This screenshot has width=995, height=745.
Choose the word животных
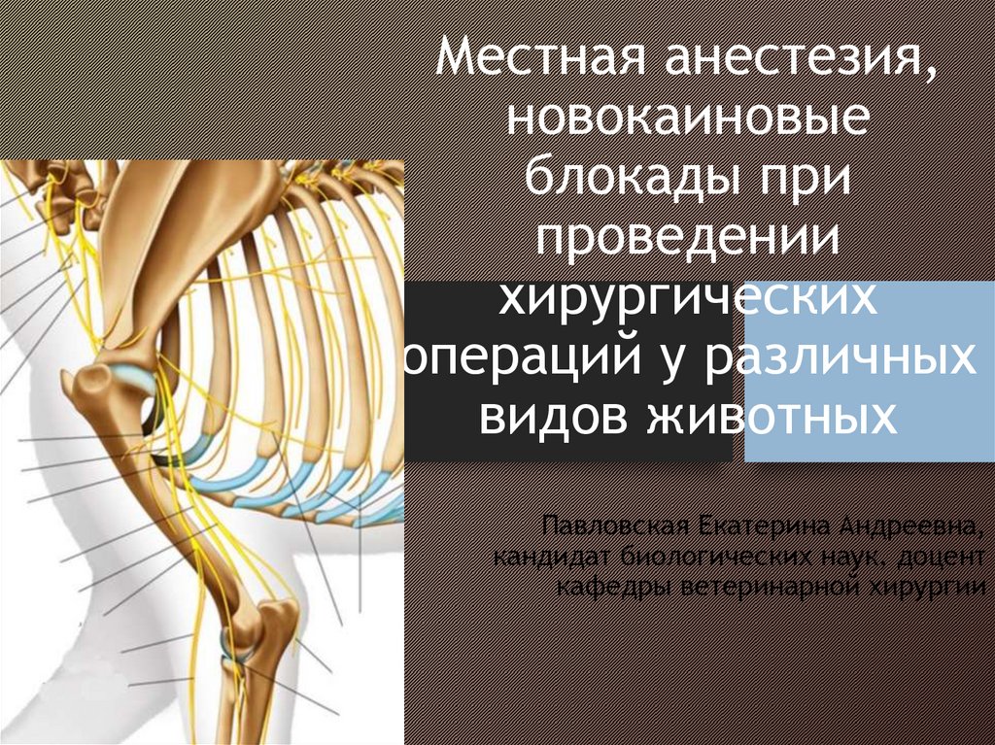coord(772,419)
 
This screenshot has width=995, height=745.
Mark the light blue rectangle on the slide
coord(870,371)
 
